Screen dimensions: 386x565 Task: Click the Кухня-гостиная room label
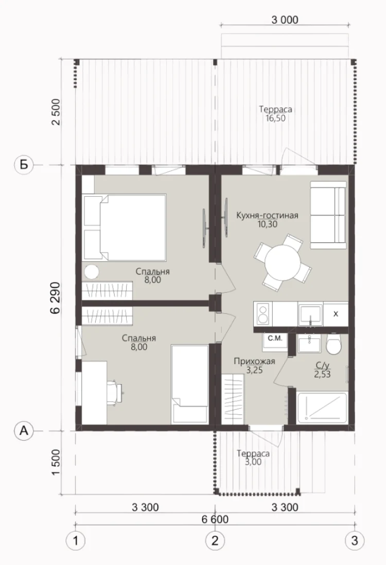point(267,216)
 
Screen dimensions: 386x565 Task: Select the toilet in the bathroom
point(334,345)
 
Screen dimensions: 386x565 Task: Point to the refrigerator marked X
point(336,314)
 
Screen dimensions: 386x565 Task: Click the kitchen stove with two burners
point(263,314)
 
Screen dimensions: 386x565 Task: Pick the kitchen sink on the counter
point(310,314)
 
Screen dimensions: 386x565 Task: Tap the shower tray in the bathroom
point(322,408)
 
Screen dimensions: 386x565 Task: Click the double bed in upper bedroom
point(124,228)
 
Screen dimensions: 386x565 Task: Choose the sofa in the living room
point(328,215)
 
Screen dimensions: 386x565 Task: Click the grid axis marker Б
point(24,165)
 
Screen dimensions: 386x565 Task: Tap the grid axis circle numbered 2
point(215,540)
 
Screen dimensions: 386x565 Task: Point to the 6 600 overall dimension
point(215,519)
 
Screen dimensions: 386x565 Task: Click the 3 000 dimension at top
point(285,20)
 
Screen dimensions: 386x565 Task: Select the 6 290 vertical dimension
point(55,298)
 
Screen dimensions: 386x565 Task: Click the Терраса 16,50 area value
point(275,118)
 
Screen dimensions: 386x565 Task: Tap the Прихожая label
point(254,361)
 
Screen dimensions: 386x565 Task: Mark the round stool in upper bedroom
point(92,272)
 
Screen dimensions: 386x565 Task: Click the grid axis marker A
point(24,430)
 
